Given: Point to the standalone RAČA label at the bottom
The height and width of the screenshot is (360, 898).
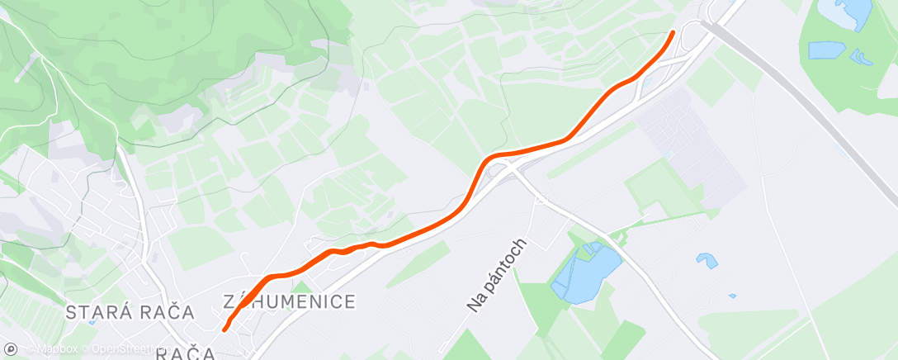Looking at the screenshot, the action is click(x=186, y=353).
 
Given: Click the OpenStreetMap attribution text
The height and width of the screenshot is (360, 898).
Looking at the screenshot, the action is click(x=124, y=348).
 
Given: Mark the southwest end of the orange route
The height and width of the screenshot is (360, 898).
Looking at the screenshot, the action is click(x=224, y=330).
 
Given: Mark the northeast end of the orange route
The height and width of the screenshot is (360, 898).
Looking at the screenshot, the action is click(x=673, y=32).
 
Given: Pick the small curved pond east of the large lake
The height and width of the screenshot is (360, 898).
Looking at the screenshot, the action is click(x=707, y=260).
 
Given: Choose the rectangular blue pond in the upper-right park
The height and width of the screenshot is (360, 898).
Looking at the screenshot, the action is click(x=826, y=50).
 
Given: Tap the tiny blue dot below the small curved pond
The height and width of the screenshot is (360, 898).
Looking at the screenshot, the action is click(x=732, y=295).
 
